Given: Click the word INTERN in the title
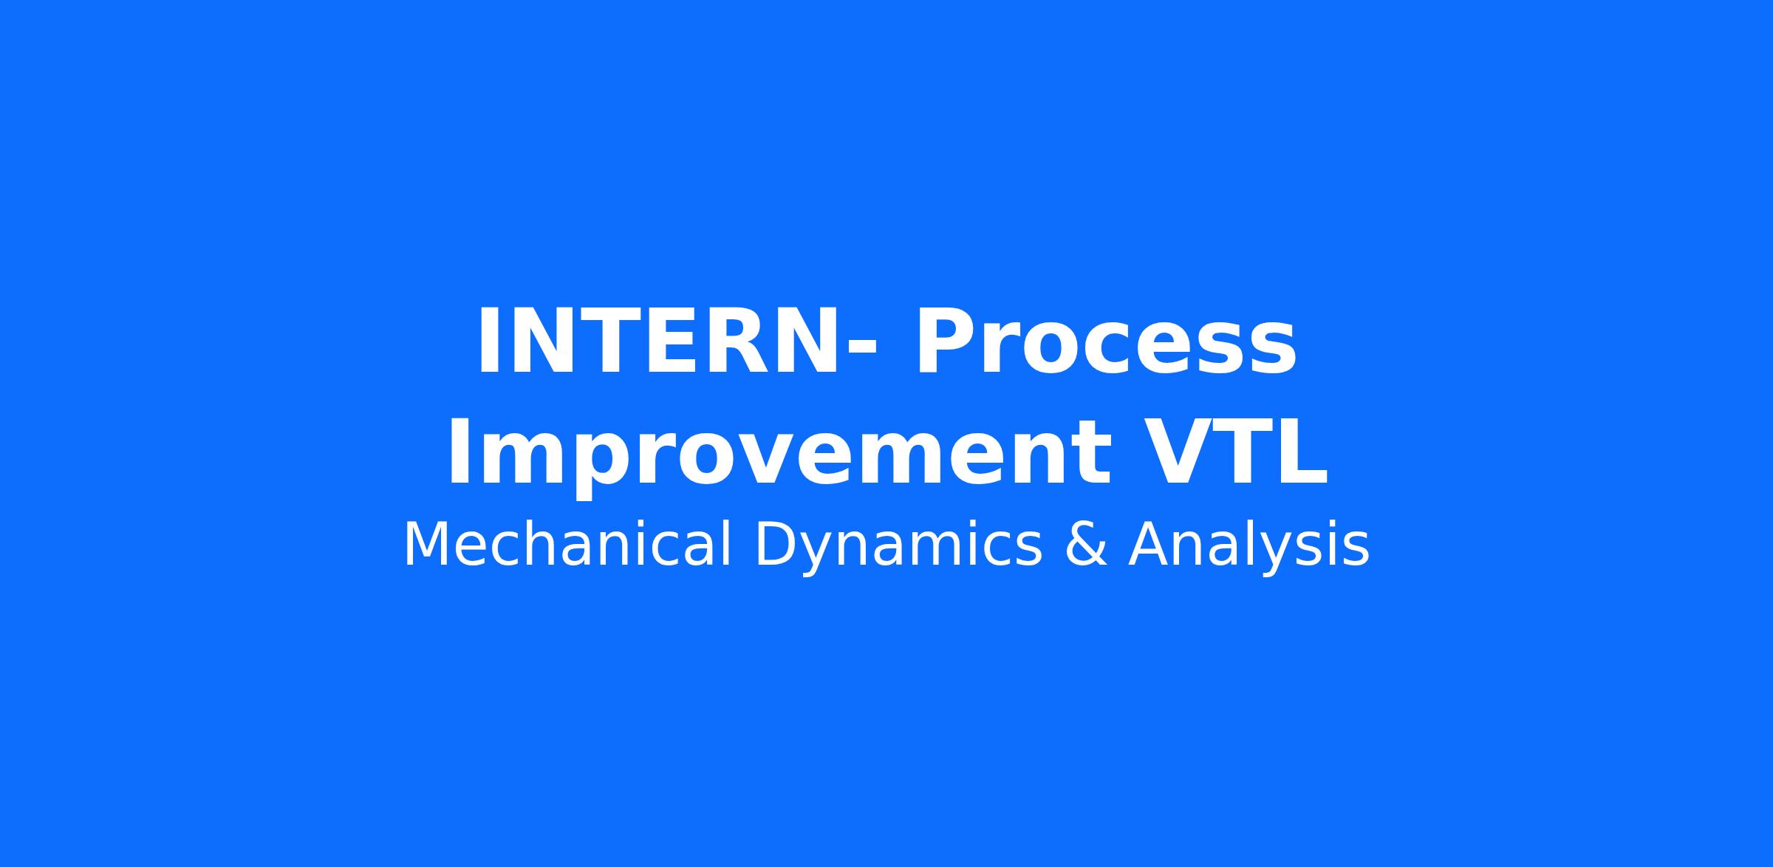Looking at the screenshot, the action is (x=658, y=342).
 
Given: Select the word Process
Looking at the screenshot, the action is (x=1105, y=342).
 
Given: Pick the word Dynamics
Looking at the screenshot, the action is (x=898, y=547).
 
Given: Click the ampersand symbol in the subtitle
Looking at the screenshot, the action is (x=1085, y=545).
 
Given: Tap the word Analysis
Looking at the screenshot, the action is (x=1248, y=547).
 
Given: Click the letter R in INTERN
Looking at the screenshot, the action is (x=736, y=342).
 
